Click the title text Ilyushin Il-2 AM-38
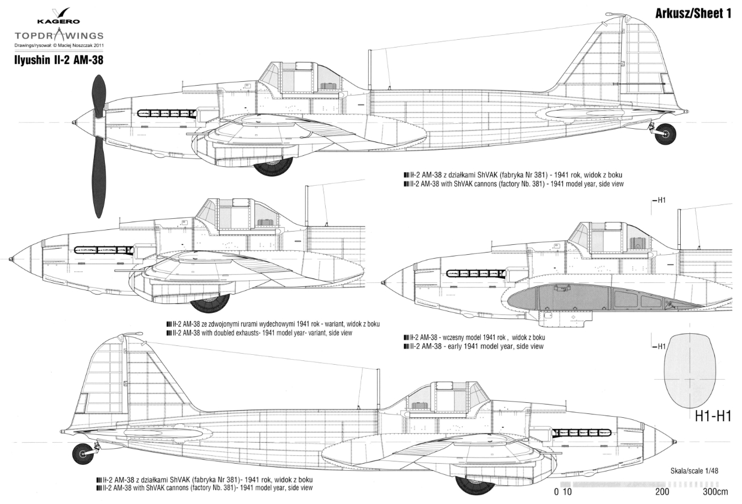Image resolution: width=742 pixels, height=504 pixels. [59, 60]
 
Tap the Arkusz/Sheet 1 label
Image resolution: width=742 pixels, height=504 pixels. [693, 14]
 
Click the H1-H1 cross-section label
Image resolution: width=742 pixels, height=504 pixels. [713, 416]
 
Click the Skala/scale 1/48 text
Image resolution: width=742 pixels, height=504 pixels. [695, 471]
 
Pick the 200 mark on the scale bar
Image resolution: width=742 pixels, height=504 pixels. [662, 491]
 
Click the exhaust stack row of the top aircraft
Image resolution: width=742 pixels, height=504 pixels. [166, 113]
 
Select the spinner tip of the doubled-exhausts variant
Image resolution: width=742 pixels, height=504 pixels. [10, 259]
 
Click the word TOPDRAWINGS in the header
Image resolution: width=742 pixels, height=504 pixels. [59, 35]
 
